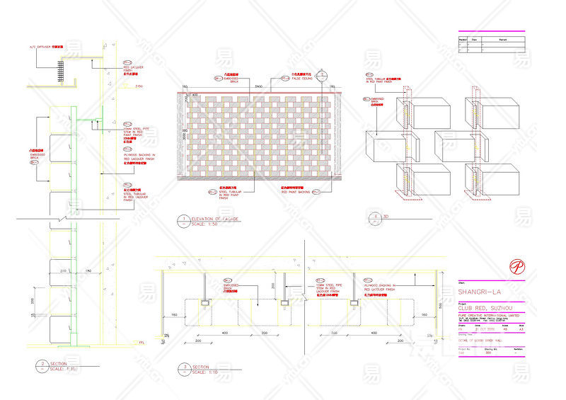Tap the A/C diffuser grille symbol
click(62, 69)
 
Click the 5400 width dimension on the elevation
click(259, 86)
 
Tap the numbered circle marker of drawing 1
click(183, 219)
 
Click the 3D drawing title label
click(385, 216)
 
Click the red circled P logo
click(517, 267)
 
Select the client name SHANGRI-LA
click(480, 292)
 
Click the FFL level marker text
click(142, 342)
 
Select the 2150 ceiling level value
click(139, 86)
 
